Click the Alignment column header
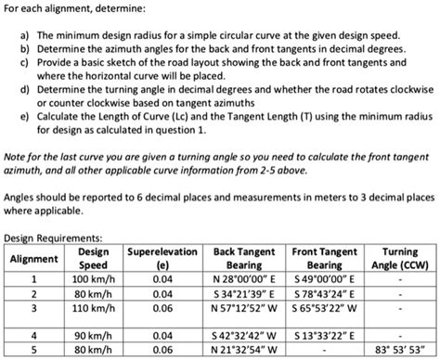pyautogui.click(x=33, y=257)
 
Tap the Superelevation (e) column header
pyautogui.click(x=162, y=257)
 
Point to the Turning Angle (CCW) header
pyautogui.click(x=399, y=257)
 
